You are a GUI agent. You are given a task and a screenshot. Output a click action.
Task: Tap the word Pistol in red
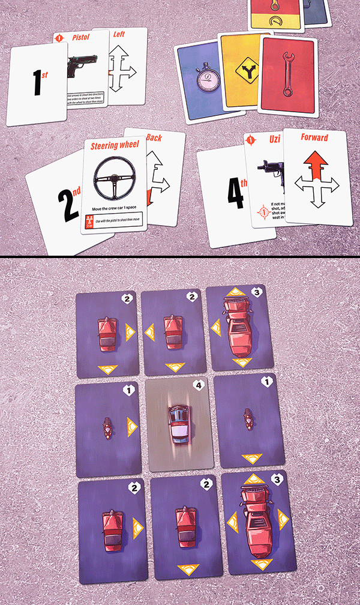pos(81,37)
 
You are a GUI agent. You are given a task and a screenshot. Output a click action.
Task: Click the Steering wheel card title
pos(115,145)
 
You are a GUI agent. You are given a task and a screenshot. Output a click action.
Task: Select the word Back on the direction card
pos(153,137)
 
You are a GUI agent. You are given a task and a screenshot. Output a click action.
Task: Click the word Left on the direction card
pos(119,34)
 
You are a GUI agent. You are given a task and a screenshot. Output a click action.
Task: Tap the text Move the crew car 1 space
pos(115,208)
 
